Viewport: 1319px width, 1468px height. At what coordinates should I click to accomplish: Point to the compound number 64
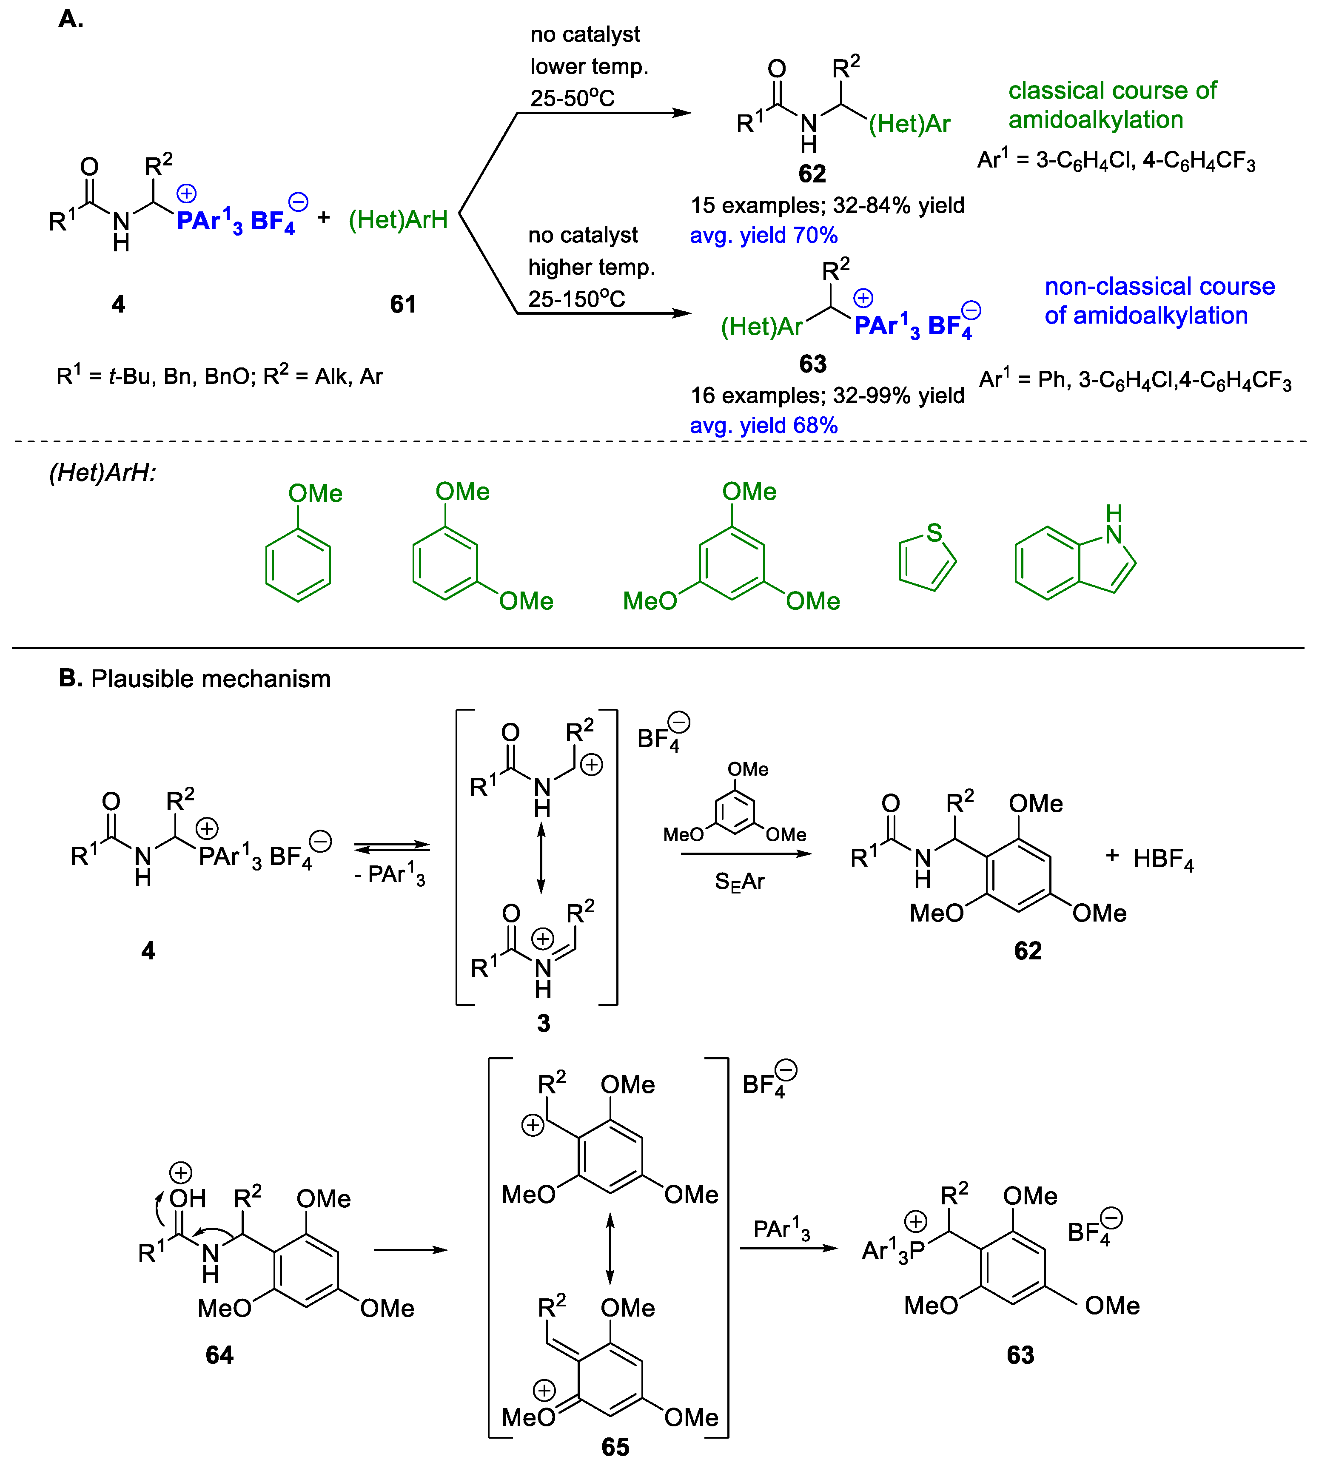click(219, 1354)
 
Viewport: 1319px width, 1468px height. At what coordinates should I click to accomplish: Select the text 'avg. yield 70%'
click(764, 236)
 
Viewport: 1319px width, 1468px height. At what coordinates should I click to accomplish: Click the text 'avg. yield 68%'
click(764, 425)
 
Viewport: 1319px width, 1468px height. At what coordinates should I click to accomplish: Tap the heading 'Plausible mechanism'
click(211, 679)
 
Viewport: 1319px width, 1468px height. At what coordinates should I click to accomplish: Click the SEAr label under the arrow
click(739, 882)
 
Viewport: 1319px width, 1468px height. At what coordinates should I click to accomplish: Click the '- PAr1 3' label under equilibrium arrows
click(389, 875)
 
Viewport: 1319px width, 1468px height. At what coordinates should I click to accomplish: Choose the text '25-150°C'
click(576, 299)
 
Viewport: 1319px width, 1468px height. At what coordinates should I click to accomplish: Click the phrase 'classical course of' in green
click(1112, 91)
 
